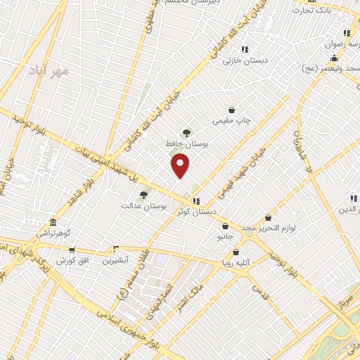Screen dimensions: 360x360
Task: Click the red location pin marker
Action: [181, 165]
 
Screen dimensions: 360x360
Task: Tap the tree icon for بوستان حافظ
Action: [186, 132]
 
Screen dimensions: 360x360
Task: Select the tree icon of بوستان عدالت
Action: [143, 195]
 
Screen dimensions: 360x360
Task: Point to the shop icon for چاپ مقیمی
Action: [232, 110]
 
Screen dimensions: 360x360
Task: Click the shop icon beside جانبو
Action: [225, 226]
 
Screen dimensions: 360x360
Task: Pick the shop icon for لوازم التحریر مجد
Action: [267, 219]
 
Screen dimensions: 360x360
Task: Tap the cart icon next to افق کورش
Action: [71, 250]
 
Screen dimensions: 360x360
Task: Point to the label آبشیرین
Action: [116, 261]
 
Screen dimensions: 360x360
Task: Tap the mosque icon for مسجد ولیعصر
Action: [333, 59]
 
